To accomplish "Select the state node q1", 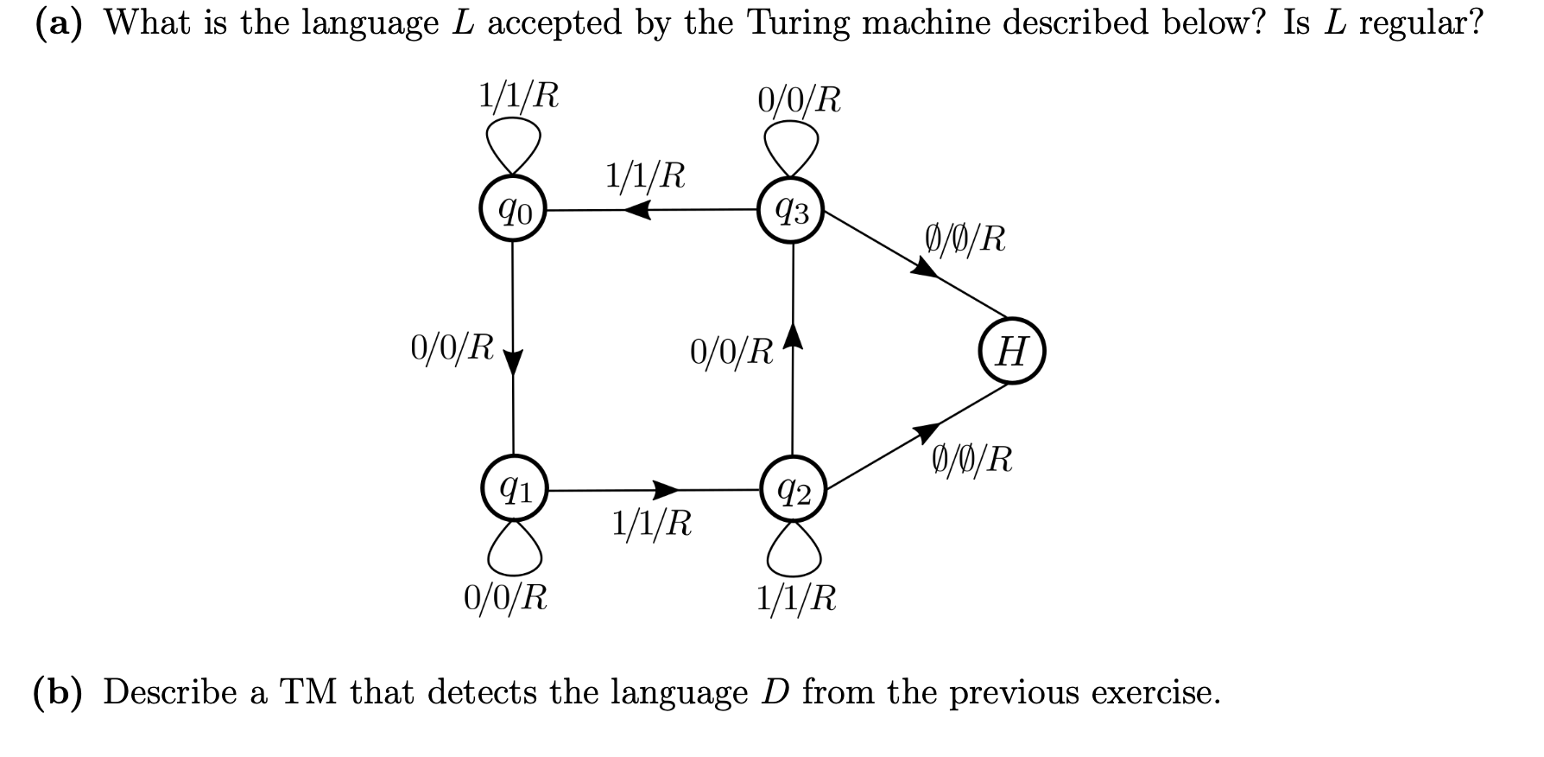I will coord(514,490).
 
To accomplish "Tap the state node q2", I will coord(794,490).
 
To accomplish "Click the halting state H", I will coord(1012,351).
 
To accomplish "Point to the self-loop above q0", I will coord(513,143).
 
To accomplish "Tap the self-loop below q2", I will coord(794,552).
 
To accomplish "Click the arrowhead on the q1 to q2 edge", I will coord(666,490).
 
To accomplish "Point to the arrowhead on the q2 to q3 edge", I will coord(793,334).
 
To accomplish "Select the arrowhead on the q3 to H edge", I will coord(925,269).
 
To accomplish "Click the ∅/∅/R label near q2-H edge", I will coord(972,459).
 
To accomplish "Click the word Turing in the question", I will coord(799,22).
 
